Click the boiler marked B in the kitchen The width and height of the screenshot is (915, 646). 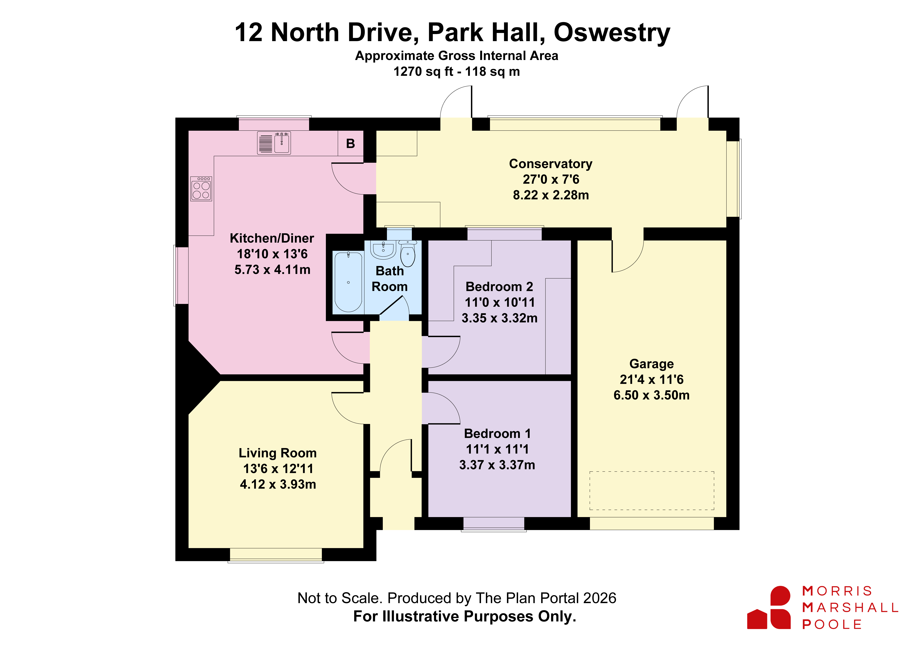point(350,143)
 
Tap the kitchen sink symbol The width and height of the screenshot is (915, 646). point(274,143)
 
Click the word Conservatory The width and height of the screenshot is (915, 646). point(551,164)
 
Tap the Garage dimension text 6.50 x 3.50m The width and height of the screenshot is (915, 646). point(652,395)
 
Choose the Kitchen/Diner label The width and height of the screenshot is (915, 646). point(272,238)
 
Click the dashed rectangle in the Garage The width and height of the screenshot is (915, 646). point(652,491)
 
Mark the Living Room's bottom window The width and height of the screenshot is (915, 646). point(276,555)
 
